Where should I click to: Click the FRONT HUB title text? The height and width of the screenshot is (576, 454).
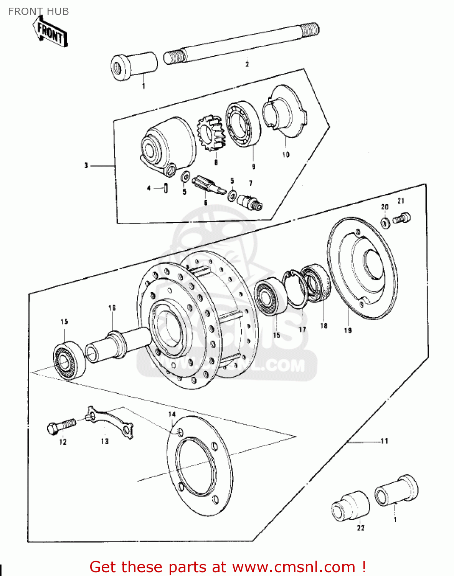click(x=38, y=12)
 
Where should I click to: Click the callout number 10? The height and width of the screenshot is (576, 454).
click(x=286, y=154)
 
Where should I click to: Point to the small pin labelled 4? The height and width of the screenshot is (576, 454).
click(x=166, y=189)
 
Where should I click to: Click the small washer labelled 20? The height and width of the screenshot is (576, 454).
click(x=385, y=222)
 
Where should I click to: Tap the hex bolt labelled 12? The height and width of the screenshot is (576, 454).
click(x=61, y=426)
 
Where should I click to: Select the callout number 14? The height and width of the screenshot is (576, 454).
click(x=172, y=414)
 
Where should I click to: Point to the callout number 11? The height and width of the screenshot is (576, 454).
click(x=385, y=441)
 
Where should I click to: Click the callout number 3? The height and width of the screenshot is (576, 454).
click(x=86, y=166)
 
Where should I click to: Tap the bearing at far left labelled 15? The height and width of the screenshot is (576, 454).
click(x=69, y=358)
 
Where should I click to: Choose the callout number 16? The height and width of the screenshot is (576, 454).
click(x=112, y=308)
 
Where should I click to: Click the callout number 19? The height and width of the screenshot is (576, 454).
click(x=348, y=330)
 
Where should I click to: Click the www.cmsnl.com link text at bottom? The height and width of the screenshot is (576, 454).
click(x=294, y=567)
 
